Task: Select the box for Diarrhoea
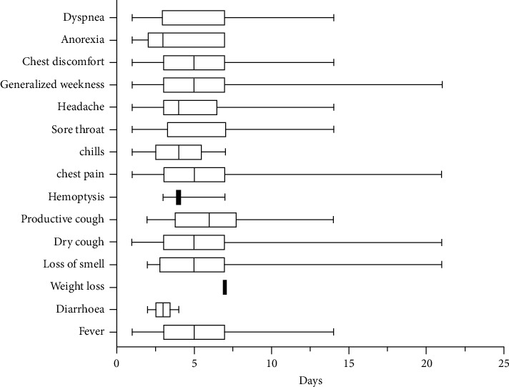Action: (163, 310)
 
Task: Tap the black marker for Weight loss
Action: (224, 287)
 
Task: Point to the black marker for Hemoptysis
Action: (179, 197)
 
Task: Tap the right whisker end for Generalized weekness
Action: (443, 84)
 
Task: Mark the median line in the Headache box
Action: (179, 107)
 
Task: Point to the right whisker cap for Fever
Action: (333, 332)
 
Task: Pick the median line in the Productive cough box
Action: (209, 220)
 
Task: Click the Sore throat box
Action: (197, 129)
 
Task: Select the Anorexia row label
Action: (82, 40)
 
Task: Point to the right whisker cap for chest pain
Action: (443, 175)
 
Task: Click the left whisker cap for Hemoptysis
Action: (163, 197)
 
